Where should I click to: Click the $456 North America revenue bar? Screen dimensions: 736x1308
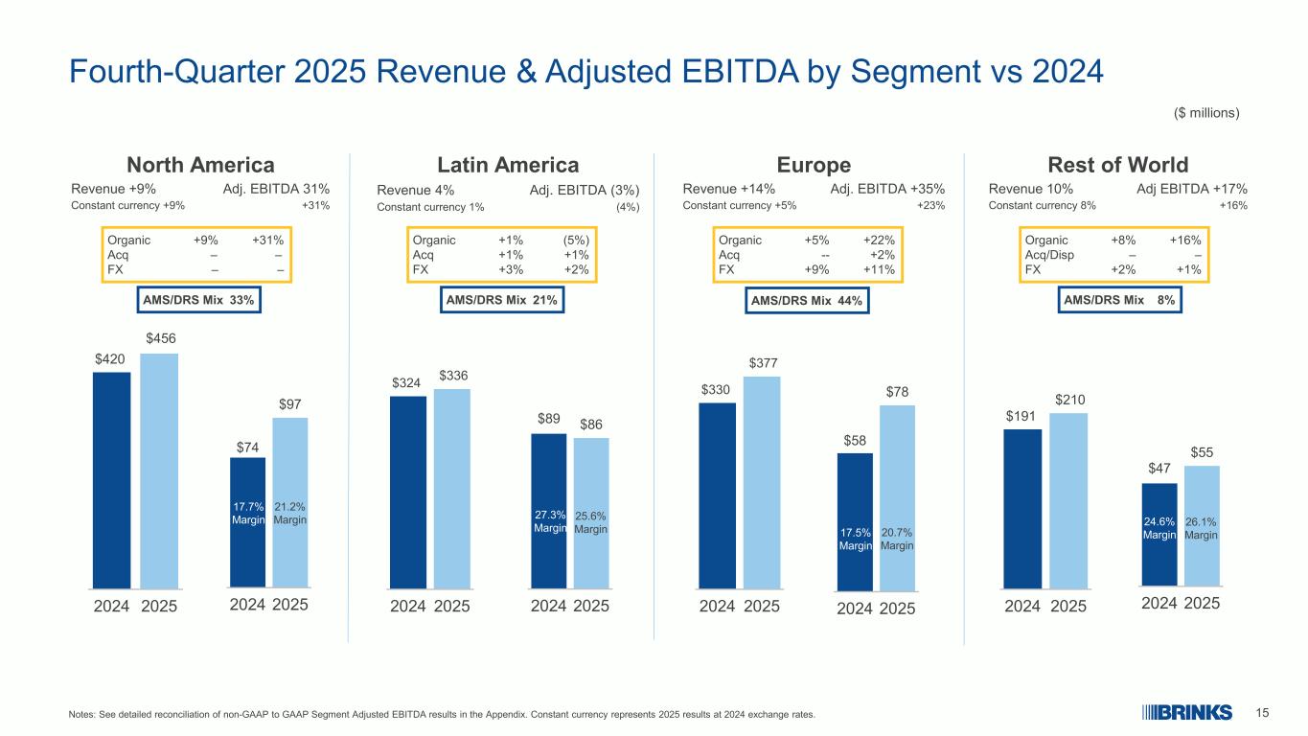coord(159,470)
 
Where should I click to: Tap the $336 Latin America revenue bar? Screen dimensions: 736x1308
coord(451,488)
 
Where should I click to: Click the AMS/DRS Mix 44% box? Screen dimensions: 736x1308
coord(807,301)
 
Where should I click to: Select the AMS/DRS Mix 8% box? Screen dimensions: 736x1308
coord(1120,300)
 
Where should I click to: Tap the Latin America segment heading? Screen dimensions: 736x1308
coord(507,164)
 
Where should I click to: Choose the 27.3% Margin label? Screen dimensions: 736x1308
coord(549,521)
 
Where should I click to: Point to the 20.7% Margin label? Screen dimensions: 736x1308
coord(897,540)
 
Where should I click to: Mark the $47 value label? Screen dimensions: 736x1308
coord(1159,469)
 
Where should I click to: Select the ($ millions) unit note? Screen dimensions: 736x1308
coord(1206,113)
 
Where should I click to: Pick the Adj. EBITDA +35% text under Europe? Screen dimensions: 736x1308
coord(887,190)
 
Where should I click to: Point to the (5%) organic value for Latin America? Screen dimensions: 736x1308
coord(576,240)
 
